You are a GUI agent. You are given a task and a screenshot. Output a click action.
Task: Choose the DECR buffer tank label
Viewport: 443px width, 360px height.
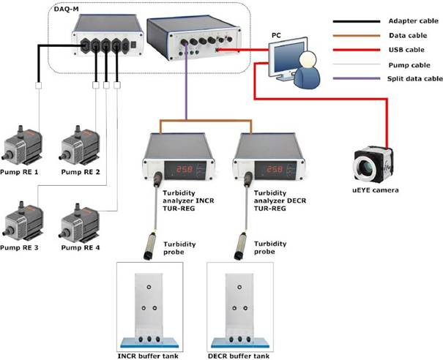point(243,355)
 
